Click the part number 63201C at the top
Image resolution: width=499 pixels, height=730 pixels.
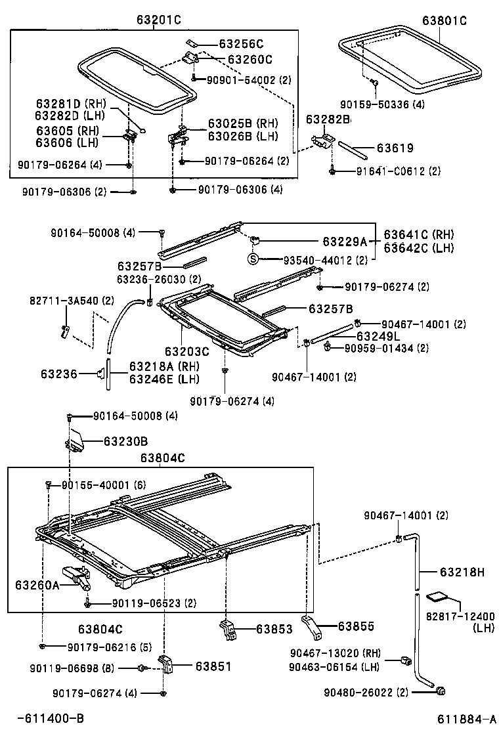[158, 20]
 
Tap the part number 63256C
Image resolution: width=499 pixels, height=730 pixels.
[241, 45]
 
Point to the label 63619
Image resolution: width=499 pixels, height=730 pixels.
[395, 148]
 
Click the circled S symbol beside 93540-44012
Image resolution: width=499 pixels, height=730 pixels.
[252, 259]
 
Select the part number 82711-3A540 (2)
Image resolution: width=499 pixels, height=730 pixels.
[72, 300]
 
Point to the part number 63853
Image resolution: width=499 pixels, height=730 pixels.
[274, 629]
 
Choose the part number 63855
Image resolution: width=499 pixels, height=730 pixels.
[356, 627]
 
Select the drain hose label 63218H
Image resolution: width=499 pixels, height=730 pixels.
[462, 572]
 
